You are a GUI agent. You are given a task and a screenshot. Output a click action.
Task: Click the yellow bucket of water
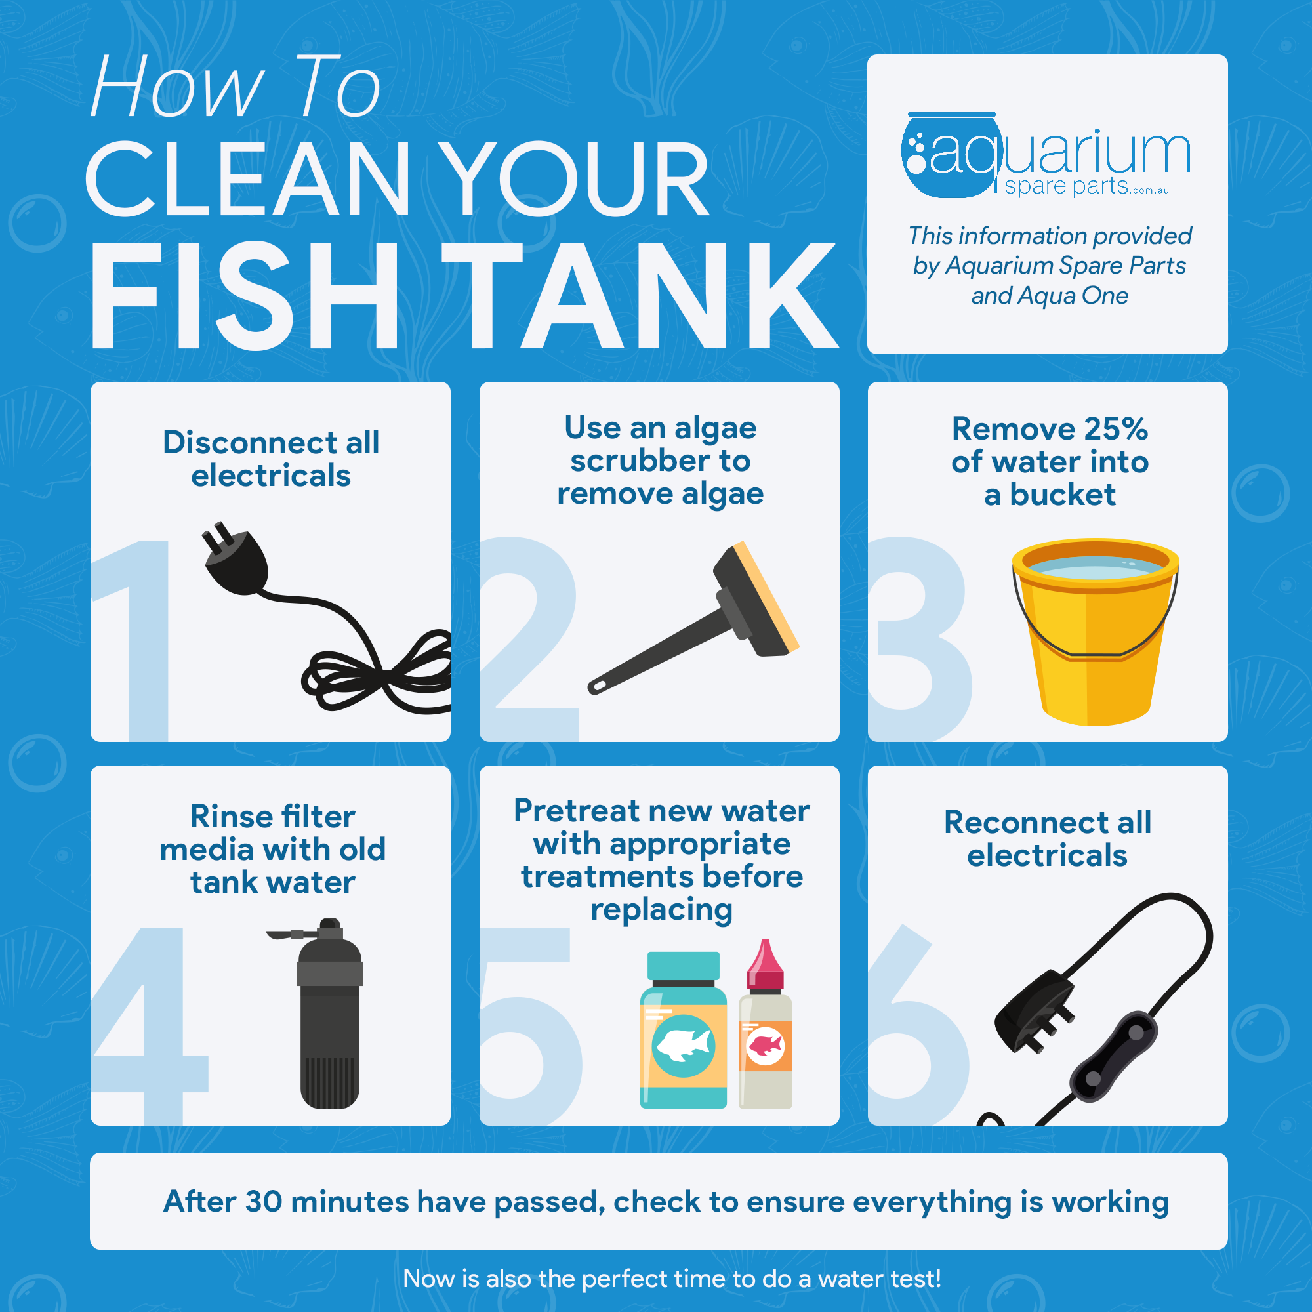[x=1095, y=632]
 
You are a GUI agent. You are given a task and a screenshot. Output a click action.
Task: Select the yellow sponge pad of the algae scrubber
[x=767, y=596]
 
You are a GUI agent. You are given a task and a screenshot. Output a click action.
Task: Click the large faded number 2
[x=529, y=638]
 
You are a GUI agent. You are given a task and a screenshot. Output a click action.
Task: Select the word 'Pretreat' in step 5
[x=577, y=811]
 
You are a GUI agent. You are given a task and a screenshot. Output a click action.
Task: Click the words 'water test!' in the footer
[x=880, y=1279]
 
